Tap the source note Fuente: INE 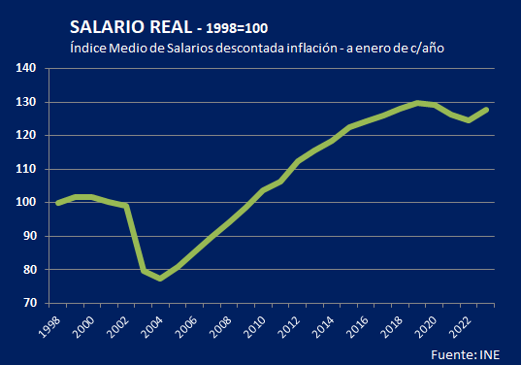point(472,353)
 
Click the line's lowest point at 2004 point(161,279)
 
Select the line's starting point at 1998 point(57,203)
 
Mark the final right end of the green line point(487,109)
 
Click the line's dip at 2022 point(470,120)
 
